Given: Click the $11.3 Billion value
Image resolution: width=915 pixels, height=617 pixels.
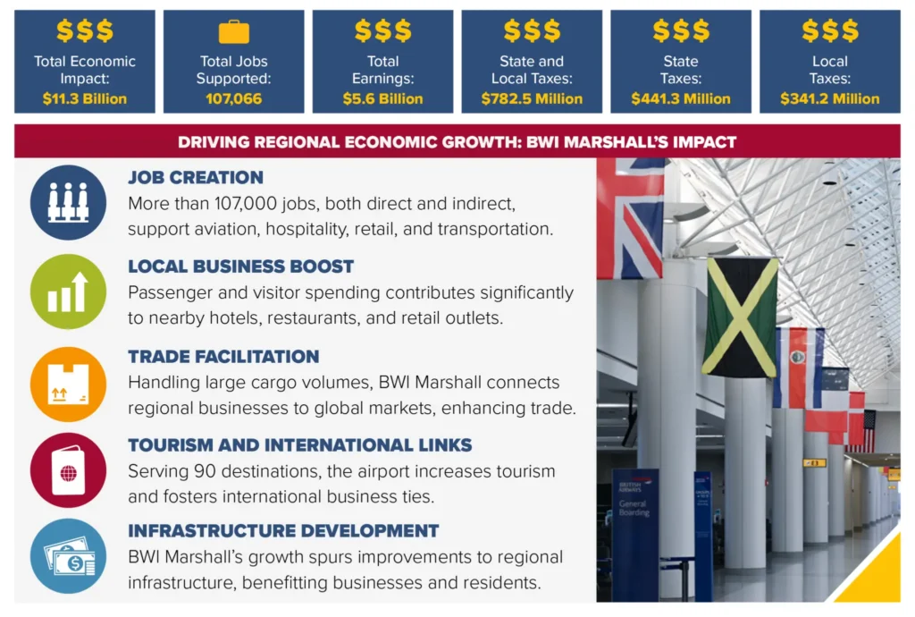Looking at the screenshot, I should pyautogui.click(x=85, y=99).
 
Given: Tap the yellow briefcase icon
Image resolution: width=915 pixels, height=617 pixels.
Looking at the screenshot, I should pyautogui.click(x=234, y=33).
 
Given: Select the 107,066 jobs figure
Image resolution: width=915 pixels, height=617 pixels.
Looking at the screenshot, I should pyautogui.click(x=233, y=99).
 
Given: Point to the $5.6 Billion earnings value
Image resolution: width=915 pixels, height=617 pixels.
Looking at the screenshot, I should pyautogui.click(x=382, y=99).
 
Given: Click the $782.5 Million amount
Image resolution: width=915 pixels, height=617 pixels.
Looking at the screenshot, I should pyautogui.click(x=532, y=99).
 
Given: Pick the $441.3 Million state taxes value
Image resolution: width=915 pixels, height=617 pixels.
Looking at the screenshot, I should pyautogui.click(x=681, y=99).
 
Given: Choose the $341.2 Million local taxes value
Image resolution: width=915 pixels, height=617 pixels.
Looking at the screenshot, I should pyautogui.click(x=830, y=99).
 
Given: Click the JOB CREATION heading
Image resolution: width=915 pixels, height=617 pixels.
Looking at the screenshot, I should pyautogui.click(x=196, y=177).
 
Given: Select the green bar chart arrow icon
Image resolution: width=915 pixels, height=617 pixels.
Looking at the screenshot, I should pyautogui.click(x=68, y=291).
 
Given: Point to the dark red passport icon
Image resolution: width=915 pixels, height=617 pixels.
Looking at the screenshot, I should pyautogui.click(x=68, y=470).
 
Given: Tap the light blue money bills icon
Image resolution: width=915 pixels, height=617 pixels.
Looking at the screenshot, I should pyautogui.click(x=68, y=556).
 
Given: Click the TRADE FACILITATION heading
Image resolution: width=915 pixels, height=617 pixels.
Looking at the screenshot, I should pyautogui.click(x=223, y=356).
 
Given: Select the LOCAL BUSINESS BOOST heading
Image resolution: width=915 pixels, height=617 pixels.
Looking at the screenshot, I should pyautogui.click(x=241, y=266).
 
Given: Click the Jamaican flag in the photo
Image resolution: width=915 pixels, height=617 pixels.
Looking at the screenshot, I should pyautogui.click(x=740, y=317).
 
